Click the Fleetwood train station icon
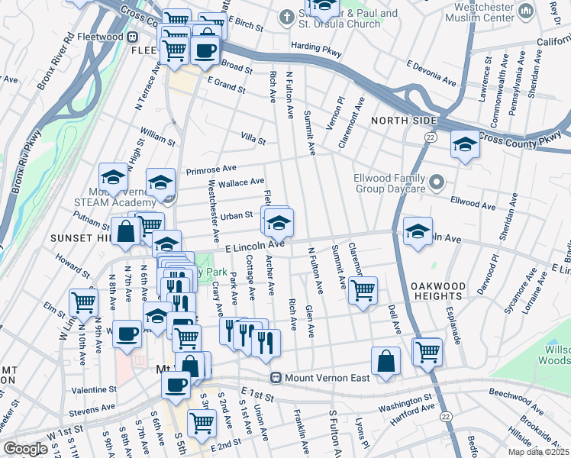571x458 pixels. (133, 37)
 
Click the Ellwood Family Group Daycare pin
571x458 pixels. (436, 182)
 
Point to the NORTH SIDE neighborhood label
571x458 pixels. (404, 121)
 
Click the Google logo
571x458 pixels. (25, 449)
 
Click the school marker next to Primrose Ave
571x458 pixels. (160, 183)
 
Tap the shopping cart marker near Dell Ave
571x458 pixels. (427, 352)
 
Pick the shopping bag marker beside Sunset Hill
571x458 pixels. (124, 233)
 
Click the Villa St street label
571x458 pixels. (253, 140)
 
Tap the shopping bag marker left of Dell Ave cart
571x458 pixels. (386, 362)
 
